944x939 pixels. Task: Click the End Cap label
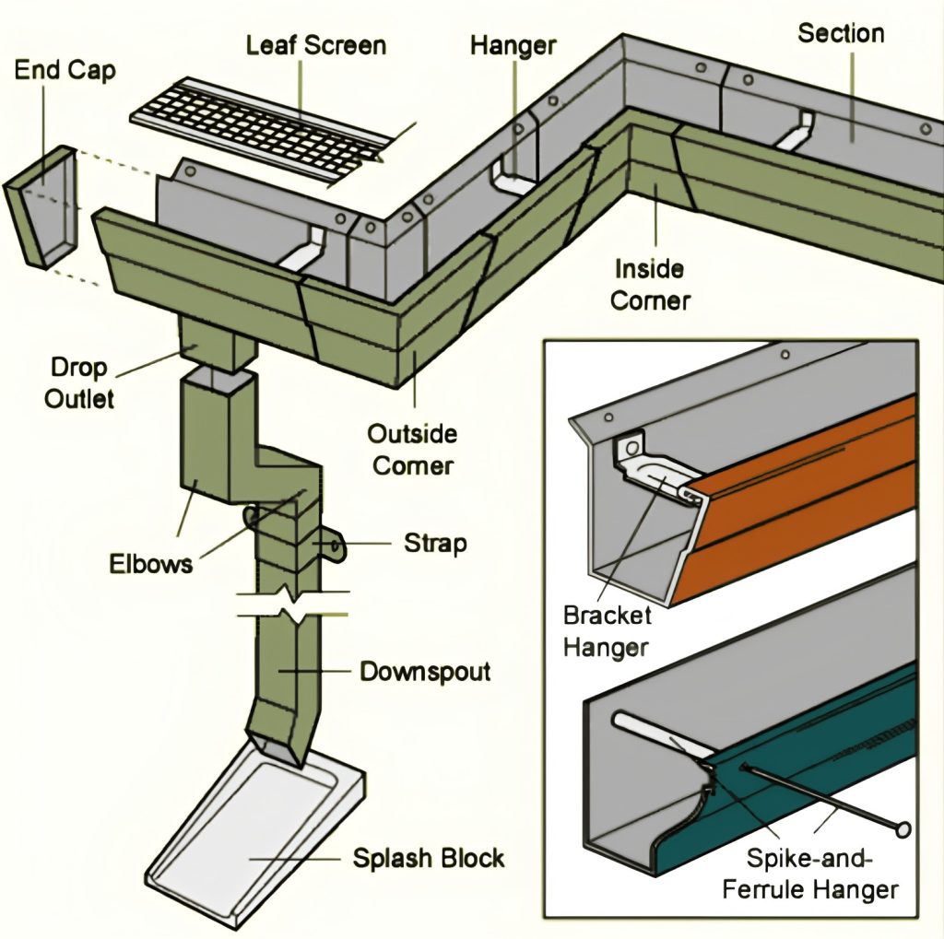coord(65,70)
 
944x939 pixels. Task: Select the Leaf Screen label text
coord(315,44)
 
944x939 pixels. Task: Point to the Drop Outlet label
coord(79,382)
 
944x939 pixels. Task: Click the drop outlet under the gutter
coord(217,342)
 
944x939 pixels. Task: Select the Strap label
coord(435,543)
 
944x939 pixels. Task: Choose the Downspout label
coord(425,670)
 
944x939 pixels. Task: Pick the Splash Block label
coord(429,858)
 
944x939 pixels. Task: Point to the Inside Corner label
coord(651,285)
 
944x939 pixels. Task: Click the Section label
coord(841,34)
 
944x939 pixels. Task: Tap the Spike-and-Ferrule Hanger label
coord(809,874)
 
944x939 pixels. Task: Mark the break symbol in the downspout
coord(293,603)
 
